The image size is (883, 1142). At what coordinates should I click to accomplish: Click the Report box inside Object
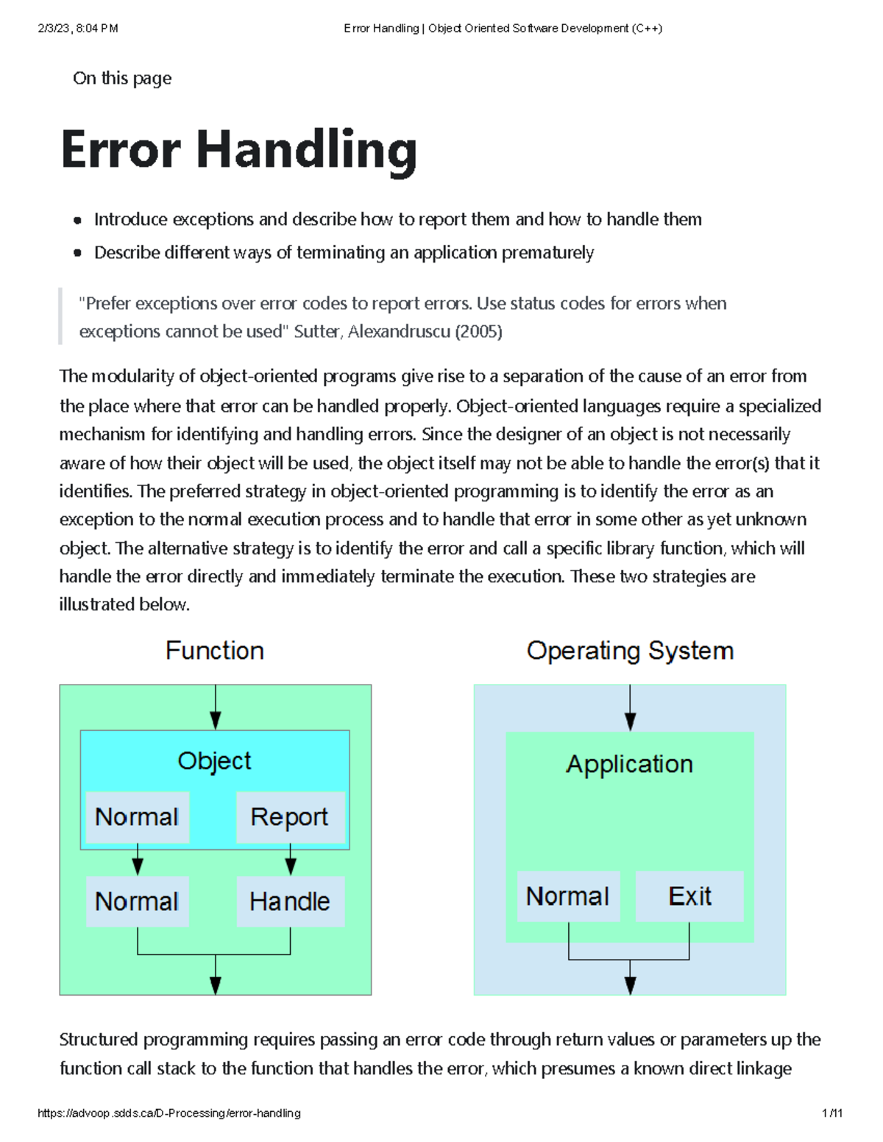coord(291,817)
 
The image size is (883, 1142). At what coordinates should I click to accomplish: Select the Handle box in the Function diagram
coord(291,902)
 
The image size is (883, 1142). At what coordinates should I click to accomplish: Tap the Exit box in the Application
coord(689,896)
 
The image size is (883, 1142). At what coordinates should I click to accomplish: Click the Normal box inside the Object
coord(138,817)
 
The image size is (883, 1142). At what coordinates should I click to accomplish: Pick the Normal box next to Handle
coord(138,902)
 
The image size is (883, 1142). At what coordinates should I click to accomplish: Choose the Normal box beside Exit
coord(569,896)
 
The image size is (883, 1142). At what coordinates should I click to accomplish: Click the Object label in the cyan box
coord(215,761)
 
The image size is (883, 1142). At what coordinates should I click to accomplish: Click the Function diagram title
coord(215,651)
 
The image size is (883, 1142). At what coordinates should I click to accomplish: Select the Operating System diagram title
coord(630,651)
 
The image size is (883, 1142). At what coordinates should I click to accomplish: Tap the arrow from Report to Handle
coord(291,860)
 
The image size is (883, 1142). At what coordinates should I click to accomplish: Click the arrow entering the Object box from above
coord(215,707)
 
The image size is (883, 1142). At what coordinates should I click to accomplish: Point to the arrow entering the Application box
coord(630,708)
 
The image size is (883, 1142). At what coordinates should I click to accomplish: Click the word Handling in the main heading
coord(307,151)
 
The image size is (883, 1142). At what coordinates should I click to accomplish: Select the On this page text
coord(122,78)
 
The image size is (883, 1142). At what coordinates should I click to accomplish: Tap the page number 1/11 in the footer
coord(832,1113)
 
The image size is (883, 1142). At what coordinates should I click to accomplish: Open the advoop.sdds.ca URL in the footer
coord(169,1113)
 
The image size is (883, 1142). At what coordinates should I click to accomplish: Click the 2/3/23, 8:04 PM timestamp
coord(78,29)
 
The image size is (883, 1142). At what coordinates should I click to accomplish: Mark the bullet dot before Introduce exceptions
coord(78,220)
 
